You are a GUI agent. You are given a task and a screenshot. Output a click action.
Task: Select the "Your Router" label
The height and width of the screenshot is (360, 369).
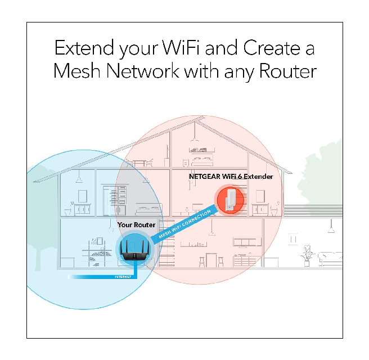[x=136, y=225]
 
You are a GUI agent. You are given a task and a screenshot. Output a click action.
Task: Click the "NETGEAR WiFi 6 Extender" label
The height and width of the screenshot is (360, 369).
[x=231, y=177]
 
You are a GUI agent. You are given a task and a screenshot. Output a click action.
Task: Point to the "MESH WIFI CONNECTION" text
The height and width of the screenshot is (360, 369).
[x=186, y=224]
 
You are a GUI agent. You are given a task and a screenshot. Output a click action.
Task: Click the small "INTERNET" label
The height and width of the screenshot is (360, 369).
[x=123, y=277]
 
